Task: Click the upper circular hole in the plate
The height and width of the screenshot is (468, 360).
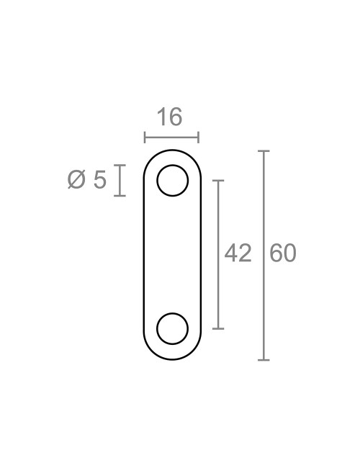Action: pyautogui.click(x=172, y=181)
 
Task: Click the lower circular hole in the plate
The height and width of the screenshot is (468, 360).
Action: pyautogui.click(x=172, y=328)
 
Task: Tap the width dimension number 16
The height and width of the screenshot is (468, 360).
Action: pyautogui.click(x=169, y=117)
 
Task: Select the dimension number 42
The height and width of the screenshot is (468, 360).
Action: pyautogui.click(x=238, y=253)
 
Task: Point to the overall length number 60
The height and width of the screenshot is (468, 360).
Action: pyautogui.click(x=283, y=253)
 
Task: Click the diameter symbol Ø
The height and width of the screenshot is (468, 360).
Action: pyautogui.click(x=77, y=180)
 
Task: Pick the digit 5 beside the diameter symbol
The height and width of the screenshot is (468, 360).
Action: pyautogui.click(x=99, y=180)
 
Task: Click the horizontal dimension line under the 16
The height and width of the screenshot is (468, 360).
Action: pyautogui.click(x=171, y=137)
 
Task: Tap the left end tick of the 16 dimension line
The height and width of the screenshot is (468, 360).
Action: pyautogui.click(x=145, y=137)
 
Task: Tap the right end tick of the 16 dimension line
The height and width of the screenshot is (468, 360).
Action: pyautogui.click(x=198, y=137)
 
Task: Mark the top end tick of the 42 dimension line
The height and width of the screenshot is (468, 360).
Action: pyautogui.click(x=219, y=181)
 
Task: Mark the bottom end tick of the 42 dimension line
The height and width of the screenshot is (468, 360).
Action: pyautogui.click(x=219, y=328)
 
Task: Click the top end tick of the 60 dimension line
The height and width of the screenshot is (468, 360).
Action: pyautogui.click(x=264, y=151)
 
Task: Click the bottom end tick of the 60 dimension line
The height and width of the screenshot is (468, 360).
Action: pyautogui.click(x=264, y=359)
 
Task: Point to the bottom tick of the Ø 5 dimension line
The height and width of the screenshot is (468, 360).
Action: pyautogui.click(x=120, y=196)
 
